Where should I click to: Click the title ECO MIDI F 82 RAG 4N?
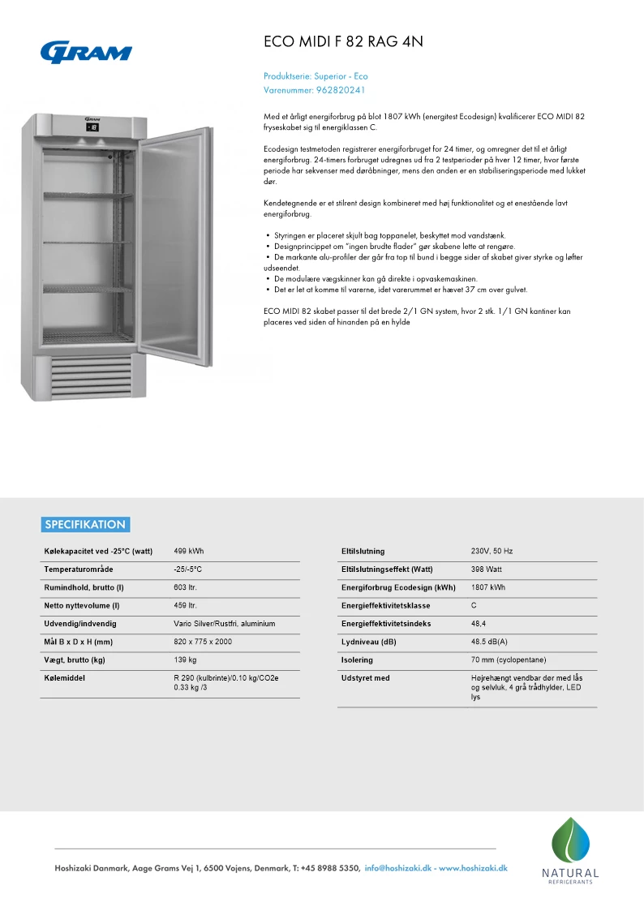point(344,41)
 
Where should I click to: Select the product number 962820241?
point(341,90)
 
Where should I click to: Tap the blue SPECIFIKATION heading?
point(85,524)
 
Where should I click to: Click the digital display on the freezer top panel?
point(92,127)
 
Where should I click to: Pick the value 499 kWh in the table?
point(189,552)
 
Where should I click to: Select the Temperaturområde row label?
point(79,569)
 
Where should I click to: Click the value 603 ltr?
point(186,587)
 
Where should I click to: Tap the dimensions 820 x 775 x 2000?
point(203,642)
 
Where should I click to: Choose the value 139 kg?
point(186,660)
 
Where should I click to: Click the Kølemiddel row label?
point(64,677)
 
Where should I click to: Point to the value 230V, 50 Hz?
point(492,552)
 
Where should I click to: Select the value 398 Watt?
point(487,569)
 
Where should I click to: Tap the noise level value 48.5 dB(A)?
point(490,642)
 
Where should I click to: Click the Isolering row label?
point(357,660)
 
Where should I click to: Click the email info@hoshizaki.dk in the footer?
point(398,868)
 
